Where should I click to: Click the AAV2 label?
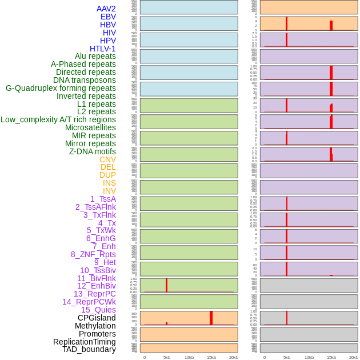(106, 9)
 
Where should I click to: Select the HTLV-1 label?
(103, 49)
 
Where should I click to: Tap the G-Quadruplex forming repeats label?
(61, 88)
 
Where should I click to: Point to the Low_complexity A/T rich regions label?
(58, 119)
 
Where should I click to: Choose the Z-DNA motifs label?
(93, 151)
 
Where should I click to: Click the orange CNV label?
(107, 159)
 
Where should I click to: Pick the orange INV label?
(109, 191)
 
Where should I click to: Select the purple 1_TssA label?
(103, 199)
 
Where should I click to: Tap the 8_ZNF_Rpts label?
(93, 254)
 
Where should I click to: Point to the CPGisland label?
(97, 318)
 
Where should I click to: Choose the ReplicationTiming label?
(85, 342)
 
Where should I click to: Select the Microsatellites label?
(90, 127)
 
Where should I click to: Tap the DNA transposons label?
(85, 80)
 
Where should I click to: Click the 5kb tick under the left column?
(167, 357)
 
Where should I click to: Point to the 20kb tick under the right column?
(354, 357)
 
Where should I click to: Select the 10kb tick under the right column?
(309, 357)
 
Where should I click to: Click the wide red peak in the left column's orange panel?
(211, 318)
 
